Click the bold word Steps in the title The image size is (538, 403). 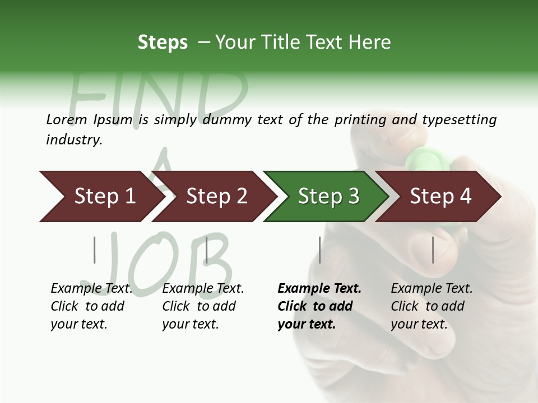[163, 43]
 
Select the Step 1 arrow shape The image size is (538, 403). [101, 196]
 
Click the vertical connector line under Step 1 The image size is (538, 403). [95, 250]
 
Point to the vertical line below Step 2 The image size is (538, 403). [207, 250]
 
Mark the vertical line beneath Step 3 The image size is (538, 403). [320, 250]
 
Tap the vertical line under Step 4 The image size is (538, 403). [433, 250]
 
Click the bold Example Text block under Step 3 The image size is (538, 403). [319, 306]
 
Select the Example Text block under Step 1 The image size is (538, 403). [91, 306]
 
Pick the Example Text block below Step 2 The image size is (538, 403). [203, 306]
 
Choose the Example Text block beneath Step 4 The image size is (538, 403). [432, 306]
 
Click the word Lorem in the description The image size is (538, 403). [67, 120]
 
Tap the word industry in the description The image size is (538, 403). [74, 140]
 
